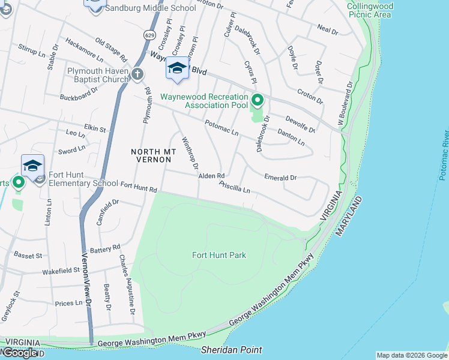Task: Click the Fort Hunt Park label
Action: tap(219, 255)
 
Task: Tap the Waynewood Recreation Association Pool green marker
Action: tap(258, 100)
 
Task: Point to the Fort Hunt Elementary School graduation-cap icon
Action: tap(32, 166)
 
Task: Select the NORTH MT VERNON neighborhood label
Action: tap(152, 156)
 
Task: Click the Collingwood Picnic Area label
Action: tap(370, 10)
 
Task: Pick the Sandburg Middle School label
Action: tap(150, 8)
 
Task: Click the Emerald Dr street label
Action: tap(280, 177)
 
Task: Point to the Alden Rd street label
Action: tap(211, 176)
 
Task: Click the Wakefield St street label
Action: tap(61, 271)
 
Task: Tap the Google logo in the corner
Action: tap(20, 353)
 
